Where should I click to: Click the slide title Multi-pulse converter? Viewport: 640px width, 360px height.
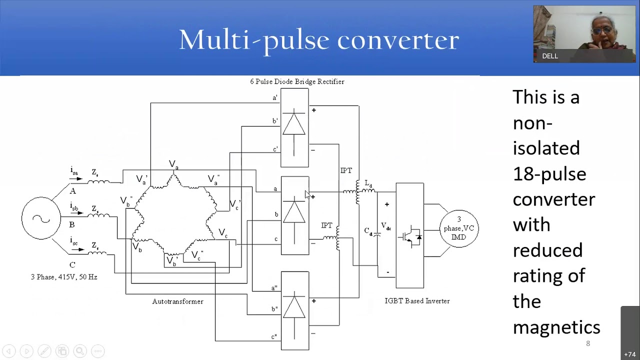pyautogui.click(x=319, y=40)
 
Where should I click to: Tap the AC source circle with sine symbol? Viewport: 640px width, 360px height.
pyautogui.click(x=41, y=218)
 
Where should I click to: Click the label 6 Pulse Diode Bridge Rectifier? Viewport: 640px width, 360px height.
pyautogui.click(x=297, y=81)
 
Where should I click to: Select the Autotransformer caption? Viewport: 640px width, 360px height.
pyautogui.click(x=177, y=301)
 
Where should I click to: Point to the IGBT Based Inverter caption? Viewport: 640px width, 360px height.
pyautogui.click(x=417, y=301)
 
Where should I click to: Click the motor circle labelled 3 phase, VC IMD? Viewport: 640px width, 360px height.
pyautogui.click(x=458, y=228)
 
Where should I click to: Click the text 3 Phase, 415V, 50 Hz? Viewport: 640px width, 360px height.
pyautogui.click(x=64, y=277)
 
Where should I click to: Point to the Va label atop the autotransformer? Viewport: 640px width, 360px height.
pyautogui.click(x=173, y=164)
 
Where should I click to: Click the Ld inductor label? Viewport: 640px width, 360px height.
pyautogui.click(x=368, y=184)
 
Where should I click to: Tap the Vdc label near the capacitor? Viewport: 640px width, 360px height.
pyautogui.click(x=386, y=226)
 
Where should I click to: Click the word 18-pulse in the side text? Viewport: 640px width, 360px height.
pyautogui.click(x=549, y=174)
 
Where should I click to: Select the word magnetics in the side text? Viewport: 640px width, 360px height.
pyautogui.click(x=556, y=327)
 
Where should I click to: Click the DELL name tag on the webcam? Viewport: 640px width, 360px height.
pyautogui.click(x=550, y=56)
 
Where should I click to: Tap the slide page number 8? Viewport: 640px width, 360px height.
pyautogui.click(x=588, y=343)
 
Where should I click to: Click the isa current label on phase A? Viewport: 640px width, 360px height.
pyautogui.click(x=74, y=171)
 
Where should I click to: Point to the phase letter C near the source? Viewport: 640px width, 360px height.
pyautogui.click(x=72, y=265)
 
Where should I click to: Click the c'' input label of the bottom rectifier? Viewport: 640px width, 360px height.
pyautogui.click(x=274, y=336)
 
